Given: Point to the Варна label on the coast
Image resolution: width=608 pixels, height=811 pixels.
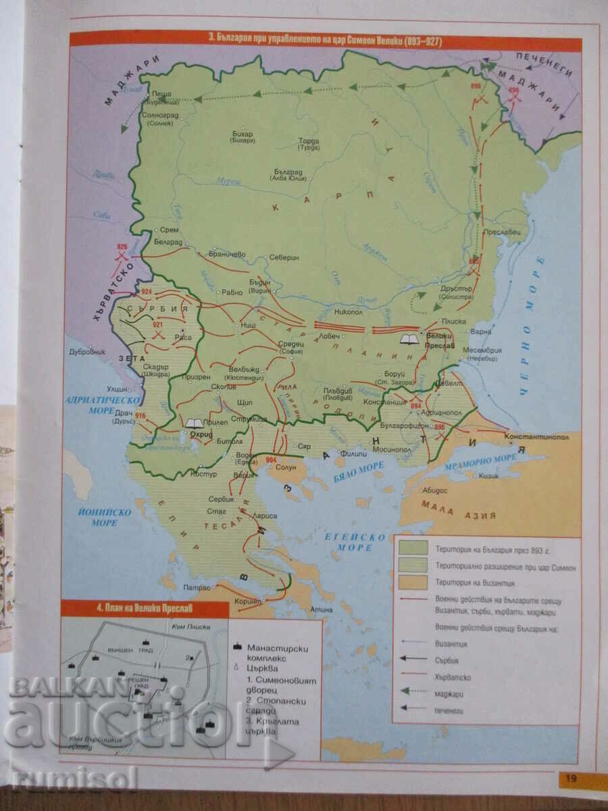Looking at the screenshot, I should pos(480,333).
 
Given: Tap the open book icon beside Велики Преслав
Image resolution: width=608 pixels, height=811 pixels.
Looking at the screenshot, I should pos(408,338).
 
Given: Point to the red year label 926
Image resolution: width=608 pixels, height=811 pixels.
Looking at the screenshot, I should pos(122,247).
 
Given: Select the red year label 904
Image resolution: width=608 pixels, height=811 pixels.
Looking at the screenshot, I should pos(271,460).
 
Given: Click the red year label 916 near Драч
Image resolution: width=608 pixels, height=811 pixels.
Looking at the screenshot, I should pos(141,415).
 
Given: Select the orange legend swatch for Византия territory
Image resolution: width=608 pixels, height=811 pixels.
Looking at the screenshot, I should pos(413,583).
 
